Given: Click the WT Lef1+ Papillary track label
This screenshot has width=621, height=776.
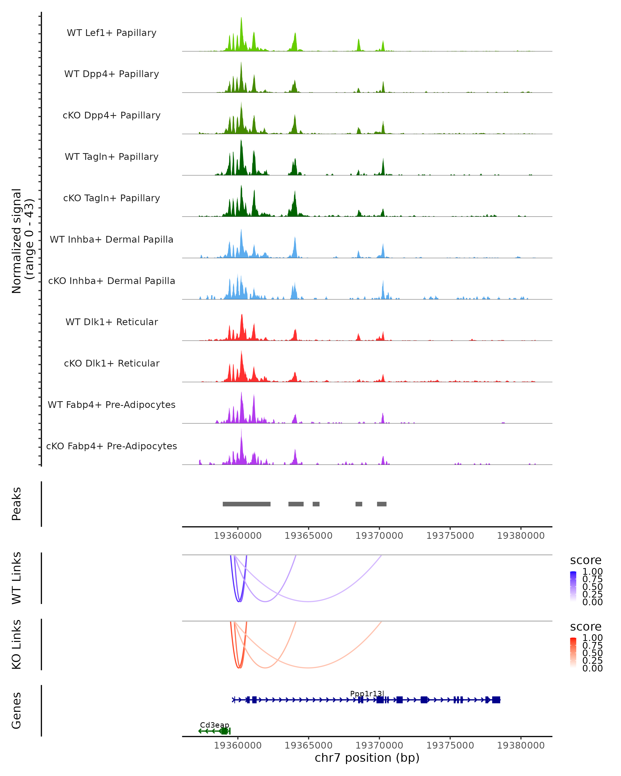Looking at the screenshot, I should point(112,33).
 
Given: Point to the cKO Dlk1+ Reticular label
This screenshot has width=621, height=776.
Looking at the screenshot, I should point(112,363).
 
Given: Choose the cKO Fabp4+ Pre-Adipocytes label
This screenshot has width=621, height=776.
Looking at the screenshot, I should point(112,446).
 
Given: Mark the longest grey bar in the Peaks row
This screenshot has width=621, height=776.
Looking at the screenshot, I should point(247,504).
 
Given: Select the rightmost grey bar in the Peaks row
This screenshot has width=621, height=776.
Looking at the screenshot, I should point(382,504).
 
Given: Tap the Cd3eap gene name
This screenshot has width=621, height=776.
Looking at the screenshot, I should point(215,725).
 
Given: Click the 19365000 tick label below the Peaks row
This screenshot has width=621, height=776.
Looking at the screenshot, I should point(308,536).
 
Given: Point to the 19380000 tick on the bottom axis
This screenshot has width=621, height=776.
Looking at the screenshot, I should point(521,745).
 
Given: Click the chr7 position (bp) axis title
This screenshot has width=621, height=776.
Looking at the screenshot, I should point(367,758).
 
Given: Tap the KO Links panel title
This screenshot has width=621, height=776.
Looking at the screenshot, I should point(17,644).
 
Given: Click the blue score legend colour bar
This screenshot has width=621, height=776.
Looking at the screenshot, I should point(573,586).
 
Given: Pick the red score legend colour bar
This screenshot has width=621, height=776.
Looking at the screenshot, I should point(573,652).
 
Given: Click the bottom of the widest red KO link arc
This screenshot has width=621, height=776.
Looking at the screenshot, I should point(308,668).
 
